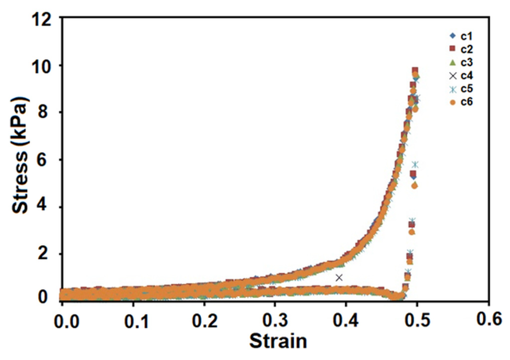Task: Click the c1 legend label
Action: tap(467, 36)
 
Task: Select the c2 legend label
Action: tap(467, 49)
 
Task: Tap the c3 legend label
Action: tap(467, 62)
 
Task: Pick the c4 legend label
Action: tap(467, 76)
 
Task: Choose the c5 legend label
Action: tap(467, 89)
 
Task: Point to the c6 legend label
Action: tap(467, 102)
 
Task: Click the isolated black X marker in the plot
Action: tap(339, 278)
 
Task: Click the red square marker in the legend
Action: tap(453, 49)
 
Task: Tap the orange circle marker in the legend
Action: tap(453, 102)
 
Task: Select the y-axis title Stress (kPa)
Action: tap(20, 155)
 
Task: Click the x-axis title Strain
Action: tap(278, 341)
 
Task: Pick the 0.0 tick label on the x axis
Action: tap(67, 321)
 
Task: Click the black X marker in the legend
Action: tap(453, 76)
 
